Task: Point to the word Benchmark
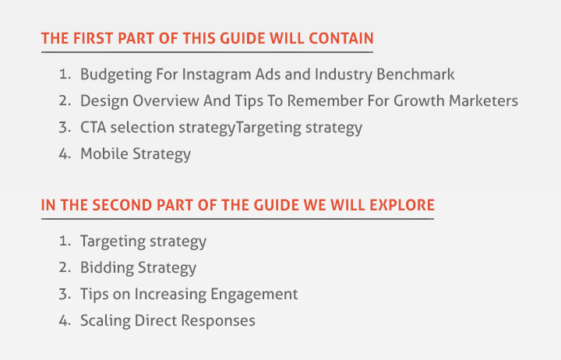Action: (x=415, y=75)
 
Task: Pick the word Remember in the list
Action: (x=325, y=101)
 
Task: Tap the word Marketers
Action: (x=483, y=101)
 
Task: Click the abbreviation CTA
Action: (x=93, y=127)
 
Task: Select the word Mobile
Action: (x=104, y=154)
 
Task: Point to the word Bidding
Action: (x=107, y=268)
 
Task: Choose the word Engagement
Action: (x=254, y=295)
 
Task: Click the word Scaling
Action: (x=105, y=321)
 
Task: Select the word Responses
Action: (x=218, y=321)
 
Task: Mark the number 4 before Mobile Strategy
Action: (x=65, y=154)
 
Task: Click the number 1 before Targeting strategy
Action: (x=65, y=242)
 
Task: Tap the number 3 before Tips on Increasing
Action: (x=65, y=294)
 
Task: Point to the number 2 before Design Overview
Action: (x=65, y=101)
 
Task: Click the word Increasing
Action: (x=171, y=295)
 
